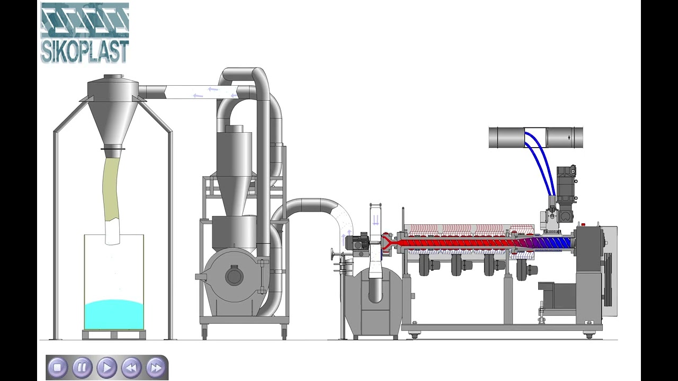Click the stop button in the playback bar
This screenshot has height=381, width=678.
[x=57, y=367]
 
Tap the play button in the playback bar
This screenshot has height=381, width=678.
[x=106, y=367]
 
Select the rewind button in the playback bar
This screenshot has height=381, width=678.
[x=131, y=367]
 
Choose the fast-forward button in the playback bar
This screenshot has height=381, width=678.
[x=156, y=367]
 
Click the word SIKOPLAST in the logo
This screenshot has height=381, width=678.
[x=85, y=51]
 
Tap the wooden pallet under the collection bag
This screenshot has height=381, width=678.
[x=114, y=334]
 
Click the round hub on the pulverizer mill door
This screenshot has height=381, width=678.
[x=234, y=275]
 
